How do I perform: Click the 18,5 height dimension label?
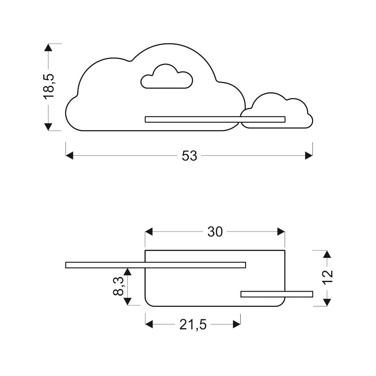(x=49, y=86)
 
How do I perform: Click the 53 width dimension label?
(x=190, y=156)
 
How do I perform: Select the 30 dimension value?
(x=215, y=232)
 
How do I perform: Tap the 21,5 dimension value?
(x=193, y=325)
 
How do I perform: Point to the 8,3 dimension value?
(x=118, y=286)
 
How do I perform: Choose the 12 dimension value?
(x=327, y=277)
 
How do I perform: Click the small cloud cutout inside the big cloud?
(x=167, y=76)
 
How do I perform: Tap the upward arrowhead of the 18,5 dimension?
(x=48, y=47)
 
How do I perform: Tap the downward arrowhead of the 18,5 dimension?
(x=48, y=127)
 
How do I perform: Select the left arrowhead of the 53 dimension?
(x=69, y=156)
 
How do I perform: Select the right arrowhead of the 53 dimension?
(x=309, y=156)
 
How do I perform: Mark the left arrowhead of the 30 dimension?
(x=149, y=232)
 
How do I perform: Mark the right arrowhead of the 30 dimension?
(x=281, y=232)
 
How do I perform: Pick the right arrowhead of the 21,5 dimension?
(x=237, y=324)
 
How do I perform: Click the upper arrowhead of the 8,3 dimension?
(x=127, y=272)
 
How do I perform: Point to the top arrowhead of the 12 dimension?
(x=327, y=254)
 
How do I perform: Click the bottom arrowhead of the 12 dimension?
(x=327, y=302)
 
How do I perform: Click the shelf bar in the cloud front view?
(x=215, y=120)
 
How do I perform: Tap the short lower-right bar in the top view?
(x=277, y=294)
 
